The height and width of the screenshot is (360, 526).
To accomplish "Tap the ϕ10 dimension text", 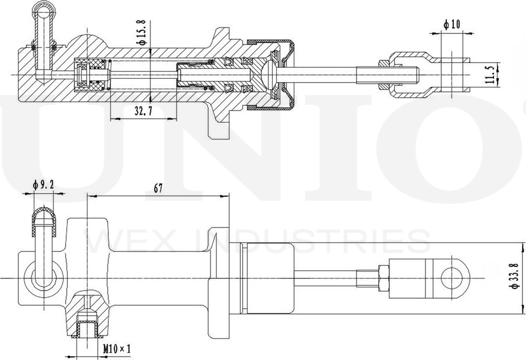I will coord(452,25).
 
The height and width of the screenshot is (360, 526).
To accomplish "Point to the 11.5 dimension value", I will coord(489,74).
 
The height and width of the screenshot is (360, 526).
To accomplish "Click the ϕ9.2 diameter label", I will coord(43,185).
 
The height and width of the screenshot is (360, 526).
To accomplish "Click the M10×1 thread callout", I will coord(116,349).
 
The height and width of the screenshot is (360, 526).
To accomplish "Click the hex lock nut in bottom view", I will coord(382,277).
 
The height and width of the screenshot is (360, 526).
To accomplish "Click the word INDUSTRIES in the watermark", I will coord(319,241).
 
